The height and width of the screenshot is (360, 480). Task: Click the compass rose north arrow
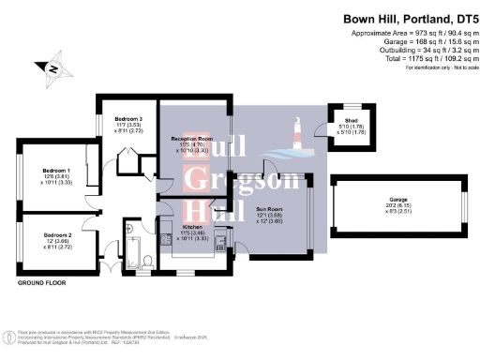pos(53,68)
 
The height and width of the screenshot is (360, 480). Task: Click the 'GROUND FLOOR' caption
pos(40,281)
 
